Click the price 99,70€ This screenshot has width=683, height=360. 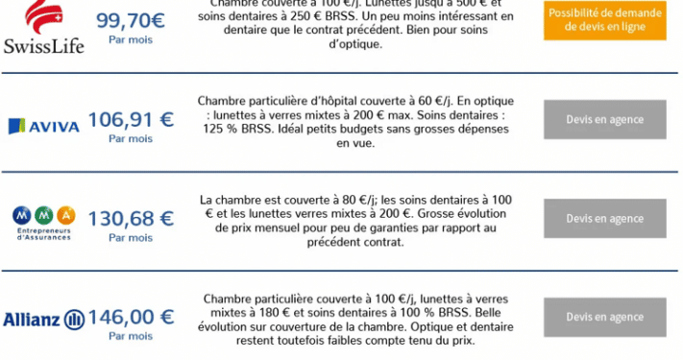[131, 18]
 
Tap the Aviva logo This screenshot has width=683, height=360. [43, 125]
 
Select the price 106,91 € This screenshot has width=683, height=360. [131, 119]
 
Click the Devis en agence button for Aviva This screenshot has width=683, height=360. [604, 120]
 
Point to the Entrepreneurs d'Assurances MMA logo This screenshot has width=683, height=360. [43, 221]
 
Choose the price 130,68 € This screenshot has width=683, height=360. [131, 218]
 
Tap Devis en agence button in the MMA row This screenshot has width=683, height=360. [604, 218]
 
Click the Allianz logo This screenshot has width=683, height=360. [43, 319]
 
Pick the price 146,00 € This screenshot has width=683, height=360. [131, 317]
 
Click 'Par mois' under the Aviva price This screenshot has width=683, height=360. [131, 139]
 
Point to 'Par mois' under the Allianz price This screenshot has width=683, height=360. [131, 337]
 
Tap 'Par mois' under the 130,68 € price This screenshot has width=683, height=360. [131, 238]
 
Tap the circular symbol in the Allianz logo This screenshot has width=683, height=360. [74, 320]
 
